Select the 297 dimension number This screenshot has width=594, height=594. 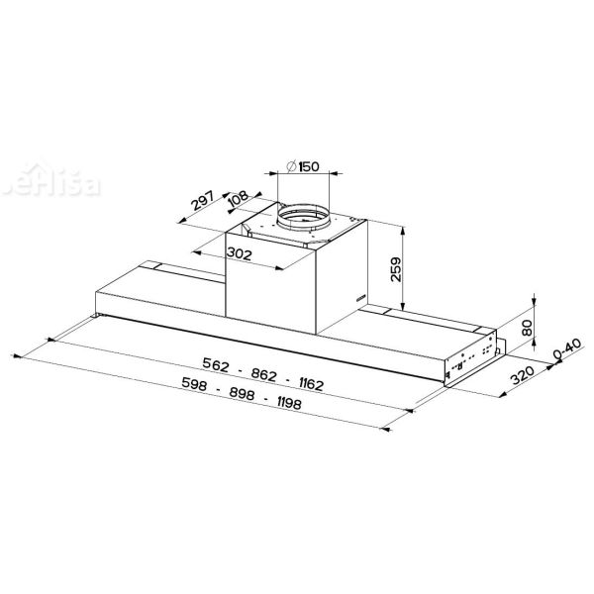coord(203,205)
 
